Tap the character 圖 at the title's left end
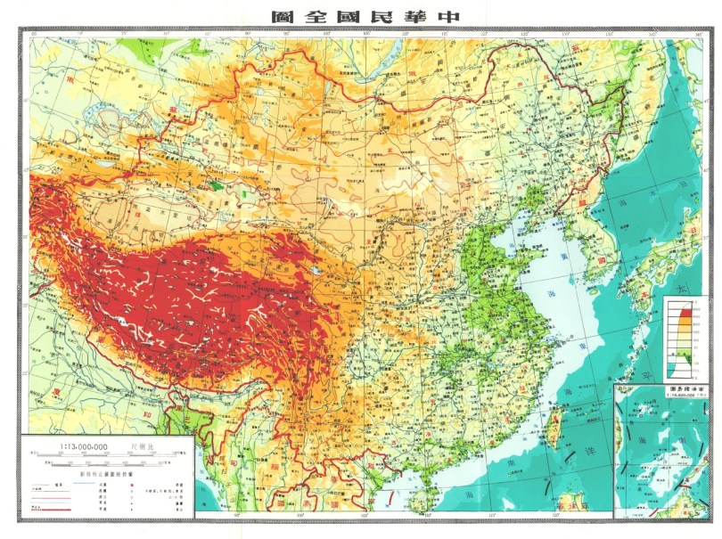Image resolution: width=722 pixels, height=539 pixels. point(283,15)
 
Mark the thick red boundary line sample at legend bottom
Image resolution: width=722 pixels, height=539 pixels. point(49,509)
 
